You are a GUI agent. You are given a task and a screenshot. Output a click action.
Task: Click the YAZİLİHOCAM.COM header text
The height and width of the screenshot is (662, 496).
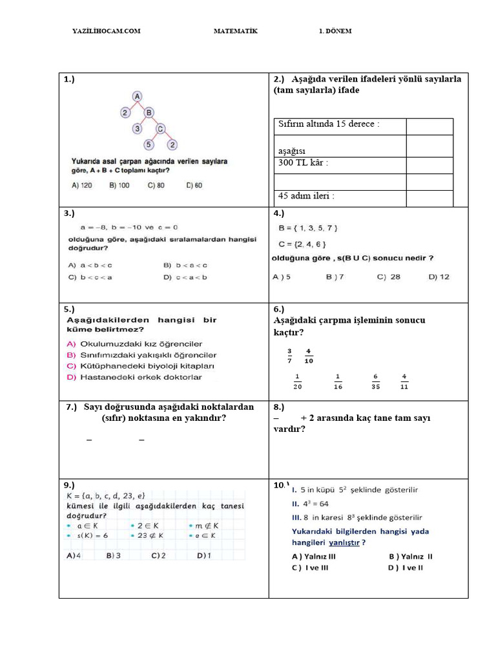pyautogui.click(x=106, y=31)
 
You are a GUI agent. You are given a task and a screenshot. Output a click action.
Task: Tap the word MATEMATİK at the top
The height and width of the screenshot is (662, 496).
pyautogui.click(x=235, y=31)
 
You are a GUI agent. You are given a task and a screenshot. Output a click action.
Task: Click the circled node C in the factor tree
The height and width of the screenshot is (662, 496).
pyautogui.click(x=161, y=128)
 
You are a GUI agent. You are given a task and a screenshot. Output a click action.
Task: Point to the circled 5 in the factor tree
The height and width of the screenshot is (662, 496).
pyautogui.click(x=149, y=144)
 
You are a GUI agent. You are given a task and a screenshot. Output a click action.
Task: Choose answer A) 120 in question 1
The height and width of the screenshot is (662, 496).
pyautogui.click(x=82, y=185)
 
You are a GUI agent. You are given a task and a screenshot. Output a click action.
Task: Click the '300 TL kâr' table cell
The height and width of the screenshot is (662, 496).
pyautogui.click(x=303, y=163)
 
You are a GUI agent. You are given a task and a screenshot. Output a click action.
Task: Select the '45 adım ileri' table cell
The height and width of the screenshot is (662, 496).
pyautogui.click(x=306, y=195)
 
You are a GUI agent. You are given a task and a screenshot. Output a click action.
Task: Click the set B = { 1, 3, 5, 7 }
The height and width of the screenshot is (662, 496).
pyautogui.click(x=307, y=228)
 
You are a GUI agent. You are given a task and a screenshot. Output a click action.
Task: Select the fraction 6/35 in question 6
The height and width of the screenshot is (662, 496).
pyautogui.click(x=375, y=381)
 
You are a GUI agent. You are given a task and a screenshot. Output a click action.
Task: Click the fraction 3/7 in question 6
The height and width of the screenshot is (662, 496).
pyautogui.click(x=289, y=356)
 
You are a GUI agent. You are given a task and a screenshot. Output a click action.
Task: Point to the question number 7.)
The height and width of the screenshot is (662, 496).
pyautogui.click(x=72, y=407)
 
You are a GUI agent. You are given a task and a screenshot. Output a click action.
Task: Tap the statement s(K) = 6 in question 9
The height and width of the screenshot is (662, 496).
pyautogui.click(x=91, y=536)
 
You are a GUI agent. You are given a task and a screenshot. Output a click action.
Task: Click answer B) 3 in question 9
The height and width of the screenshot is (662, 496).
pyautogui.click(x=114, y=555)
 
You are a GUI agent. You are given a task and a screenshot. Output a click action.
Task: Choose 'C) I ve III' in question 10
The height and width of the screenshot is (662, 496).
pyautogui.click(x=310, y=568)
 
